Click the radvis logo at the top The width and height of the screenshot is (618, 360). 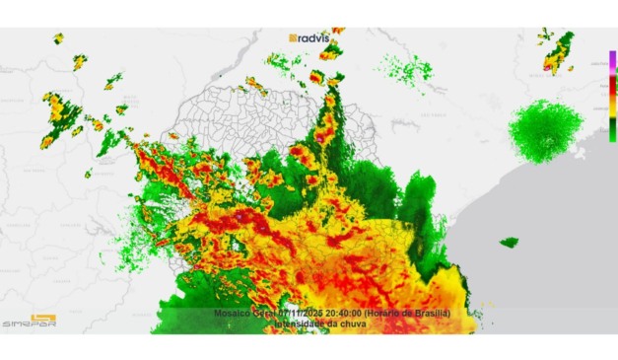[310, 37]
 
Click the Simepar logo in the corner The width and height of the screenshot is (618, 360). [29, 321]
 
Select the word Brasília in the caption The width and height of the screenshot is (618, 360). [430, 313]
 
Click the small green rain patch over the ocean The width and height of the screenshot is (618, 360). [510, 242]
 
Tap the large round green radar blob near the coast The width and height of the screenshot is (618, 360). [545, 128]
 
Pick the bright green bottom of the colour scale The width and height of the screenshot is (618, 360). [612, 132]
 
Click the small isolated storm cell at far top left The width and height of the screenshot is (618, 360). [58, 38]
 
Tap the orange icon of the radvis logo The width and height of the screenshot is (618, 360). [294, 37]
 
